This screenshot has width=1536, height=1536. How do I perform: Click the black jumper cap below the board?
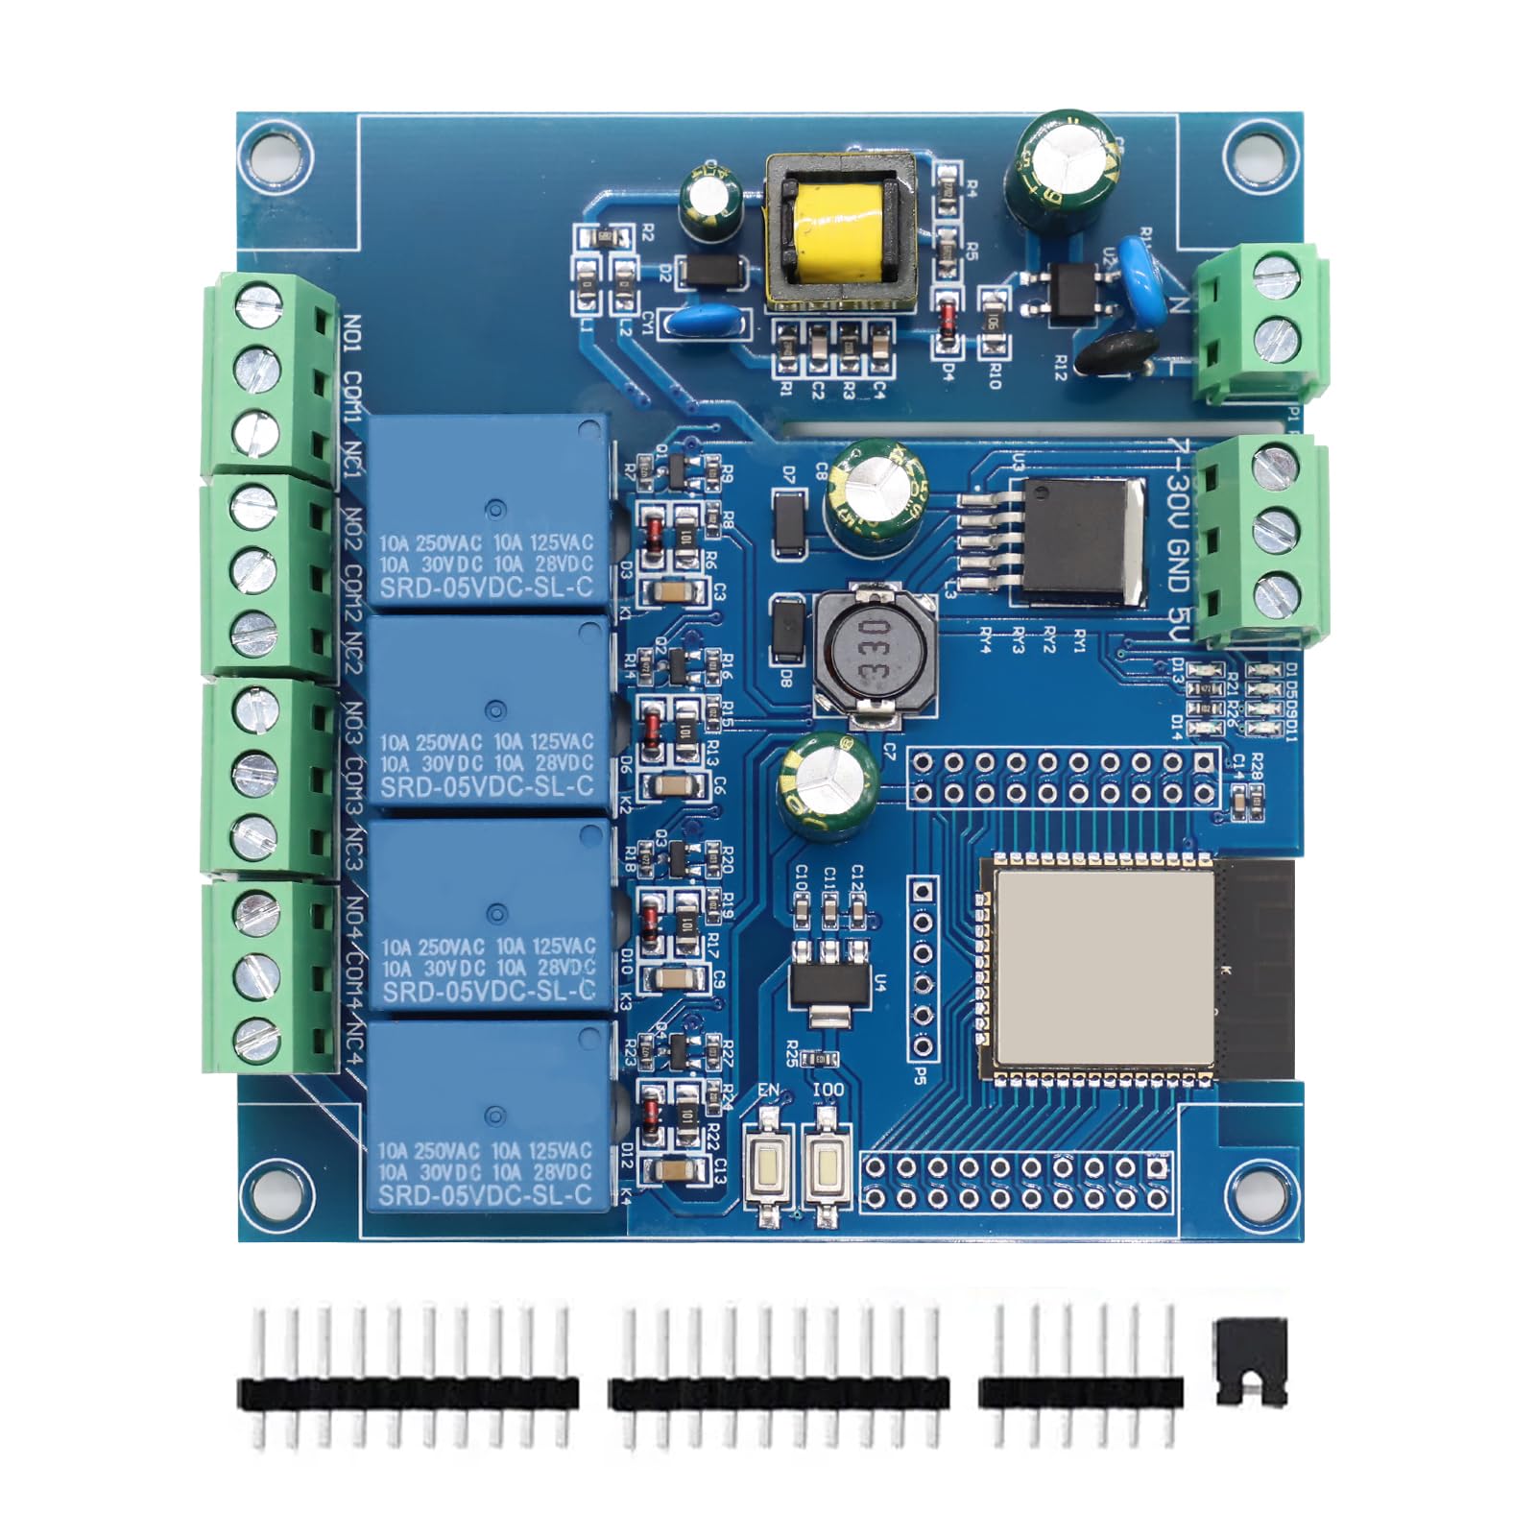click(1250, 1362)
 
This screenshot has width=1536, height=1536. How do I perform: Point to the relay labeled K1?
click(488, 513)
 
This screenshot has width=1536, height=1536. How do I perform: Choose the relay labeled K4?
click(488, 1117)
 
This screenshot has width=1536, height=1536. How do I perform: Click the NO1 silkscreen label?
click(352, 336)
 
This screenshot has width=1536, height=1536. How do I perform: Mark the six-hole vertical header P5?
click(923, 969)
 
